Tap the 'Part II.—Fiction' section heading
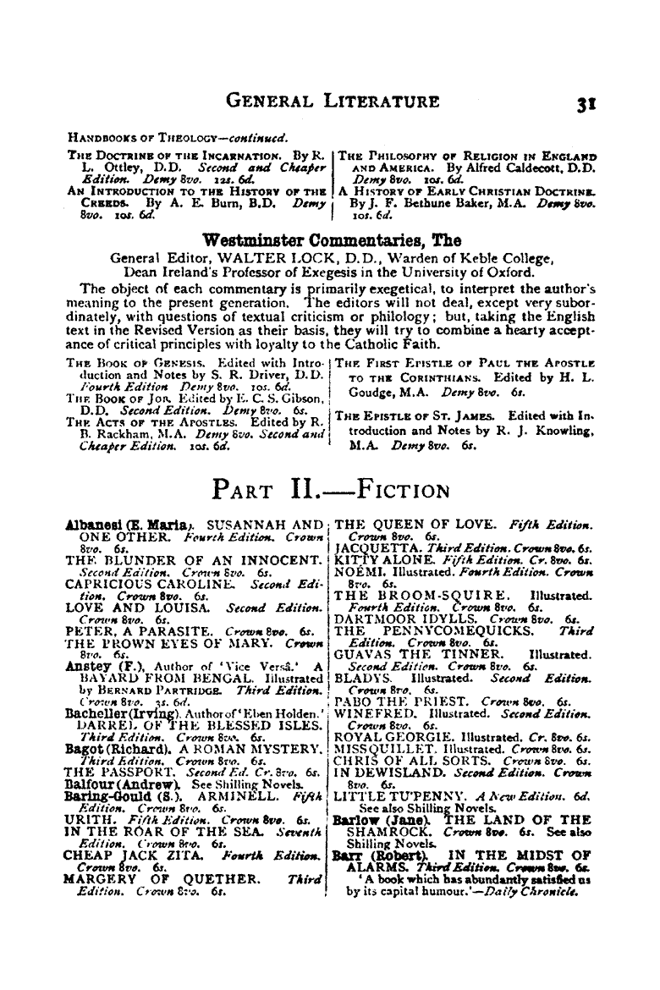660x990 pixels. [x=331, y=490]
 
